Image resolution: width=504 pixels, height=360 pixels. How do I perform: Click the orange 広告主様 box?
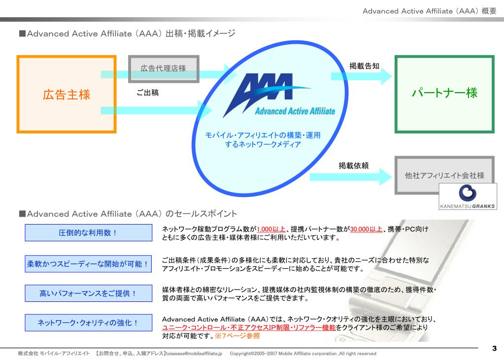tap(67, 94)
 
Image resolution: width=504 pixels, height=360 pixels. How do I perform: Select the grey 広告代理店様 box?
tap(164, 68)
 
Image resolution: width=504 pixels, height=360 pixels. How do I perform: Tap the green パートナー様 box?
tap(444, 94)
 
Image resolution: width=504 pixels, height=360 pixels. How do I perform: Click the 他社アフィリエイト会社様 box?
tap(444, 175)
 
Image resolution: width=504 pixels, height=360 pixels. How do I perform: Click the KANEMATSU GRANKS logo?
tap(467, 196)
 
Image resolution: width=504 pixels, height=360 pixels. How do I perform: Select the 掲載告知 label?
tap(364, 65)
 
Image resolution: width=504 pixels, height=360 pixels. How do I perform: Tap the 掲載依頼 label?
tap(353, 166)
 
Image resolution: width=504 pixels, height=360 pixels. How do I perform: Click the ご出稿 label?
tap(148, 92)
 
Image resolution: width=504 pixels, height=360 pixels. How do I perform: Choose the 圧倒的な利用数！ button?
tap(89, 232)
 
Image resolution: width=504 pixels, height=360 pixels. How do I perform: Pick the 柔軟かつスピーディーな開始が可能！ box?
tap(89, 263)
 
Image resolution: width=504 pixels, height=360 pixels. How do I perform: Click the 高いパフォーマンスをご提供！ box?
tap(89, 294)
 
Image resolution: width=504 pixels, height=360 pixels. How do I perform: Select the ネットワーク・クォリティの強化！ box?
tap(89, 323)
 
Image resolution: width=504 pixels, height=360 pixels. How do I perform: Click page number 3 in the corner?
tap(494, 349)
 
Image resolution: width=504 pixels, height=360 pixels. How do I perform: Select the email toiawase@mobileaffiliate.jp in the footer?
tap(194, 354)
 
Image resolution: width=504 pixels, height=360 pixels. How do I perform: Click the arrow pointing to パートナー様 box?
tap(361, 76)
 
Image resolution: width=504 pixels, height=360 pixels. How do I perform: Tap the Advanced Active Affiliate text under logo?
tap(295, 111)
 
